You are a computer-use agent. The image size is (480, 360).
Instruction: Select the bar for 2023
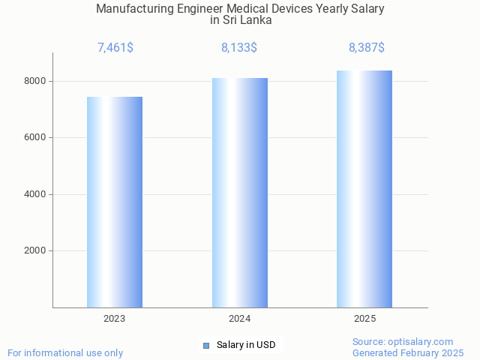(x=115, y=202)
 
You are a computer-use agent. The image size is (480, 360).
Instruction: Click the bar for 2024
(x=240, y=193)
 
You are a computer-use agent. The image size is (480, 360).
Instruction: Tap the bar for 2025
(x=364, y=189)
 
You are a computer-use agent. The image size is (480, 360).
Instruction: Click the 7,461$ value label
(x=115, y=48)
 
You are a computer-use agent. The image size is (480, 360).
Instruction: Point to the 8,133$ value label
(x=239, y=48)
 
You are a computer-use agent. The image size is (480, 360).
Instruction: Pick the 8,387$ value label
(x=366, y=48)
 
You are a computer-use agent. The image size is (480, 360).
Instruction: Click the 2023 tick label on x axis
(x=115, y=319)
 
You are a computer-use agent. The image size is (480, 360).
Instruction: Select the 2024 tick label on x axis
(x=240, y=319)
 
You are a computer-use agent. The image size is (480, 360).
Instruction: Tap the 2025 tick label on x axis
(x=364, y=319)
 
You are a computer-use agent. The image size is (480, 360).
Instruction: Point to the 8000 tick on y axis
(x=35, y=81)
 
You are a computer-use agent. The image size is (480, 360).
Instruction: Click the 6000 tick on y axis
(x=35, y=137)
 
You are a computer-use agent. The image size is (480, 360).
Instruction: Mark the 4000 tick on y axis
(x=35, y=194)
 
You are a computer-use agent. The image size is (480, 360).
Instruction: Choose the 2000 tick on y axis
(x=35, y=251)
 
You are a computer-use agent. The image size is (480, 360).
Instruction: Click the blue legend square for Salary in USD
(x=206, y=345)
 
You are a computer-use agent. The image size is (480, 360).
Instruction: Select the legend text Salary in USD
(x=246, y=345)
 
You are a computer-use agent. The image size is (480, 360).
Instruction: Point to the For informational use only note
(x=65, y=352)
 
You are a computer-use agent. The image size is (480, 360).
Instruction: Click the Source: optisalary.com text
(x=403, y=341)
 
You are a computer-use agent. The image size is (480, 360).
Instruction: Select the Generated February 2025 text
(x=408, y=352)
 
